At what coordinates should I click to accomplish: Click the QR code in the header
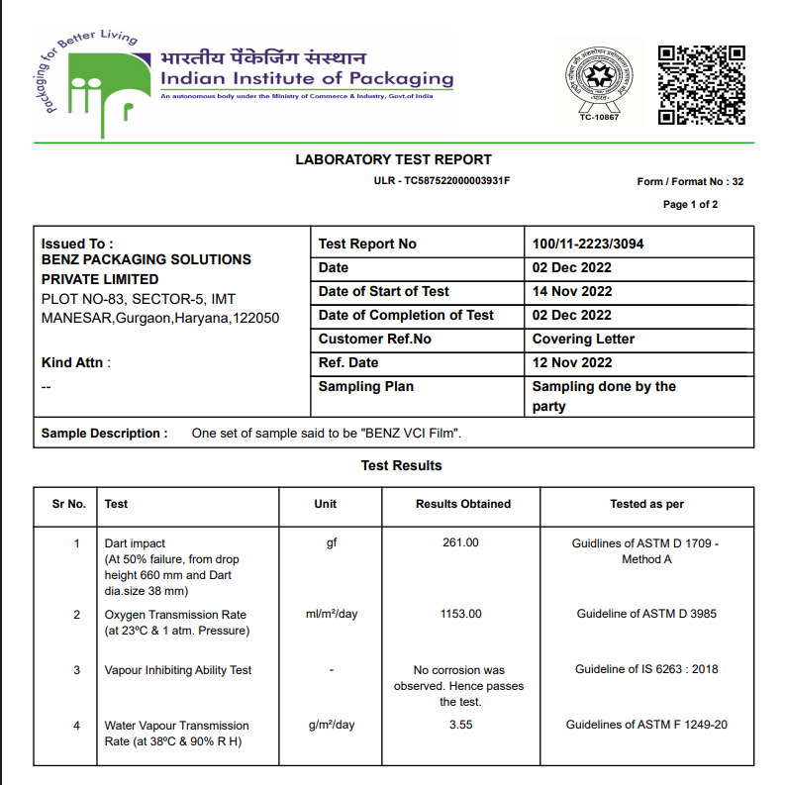[702, 84]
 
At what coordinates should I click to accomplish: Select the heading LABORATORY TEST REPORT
[393, 159]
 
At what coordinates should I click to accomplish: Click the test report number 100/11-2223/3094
[589, 244]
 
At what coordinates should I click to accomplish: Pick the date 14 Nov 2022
[572, 291]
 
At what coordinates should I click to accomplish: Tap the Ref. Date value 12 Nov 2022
[572, 362]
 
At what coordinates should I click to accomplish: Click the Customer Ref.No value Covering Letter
[583, 339]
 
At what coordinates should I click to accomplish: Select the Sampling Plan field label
[366, 386]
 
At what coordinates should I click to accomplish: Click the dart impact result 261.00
[460, 542]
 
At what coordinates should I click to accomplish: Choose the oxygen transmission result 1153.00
[460, 614]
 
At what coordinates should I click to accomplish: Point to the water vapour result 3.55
[460, 725]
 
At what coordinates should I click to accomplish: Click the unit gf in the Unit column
[332, 542]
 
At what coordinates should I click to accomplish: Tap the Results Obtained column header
[463, 504]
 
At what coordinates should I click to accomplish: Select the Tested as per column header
[646, 504]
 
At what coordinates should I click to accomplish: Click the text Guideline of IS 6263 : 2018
[646, 669]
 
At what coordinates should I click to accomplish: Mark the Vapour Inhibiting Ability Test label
[178, 670]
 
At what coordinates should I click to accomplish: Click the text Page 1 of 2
[690, 205]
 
